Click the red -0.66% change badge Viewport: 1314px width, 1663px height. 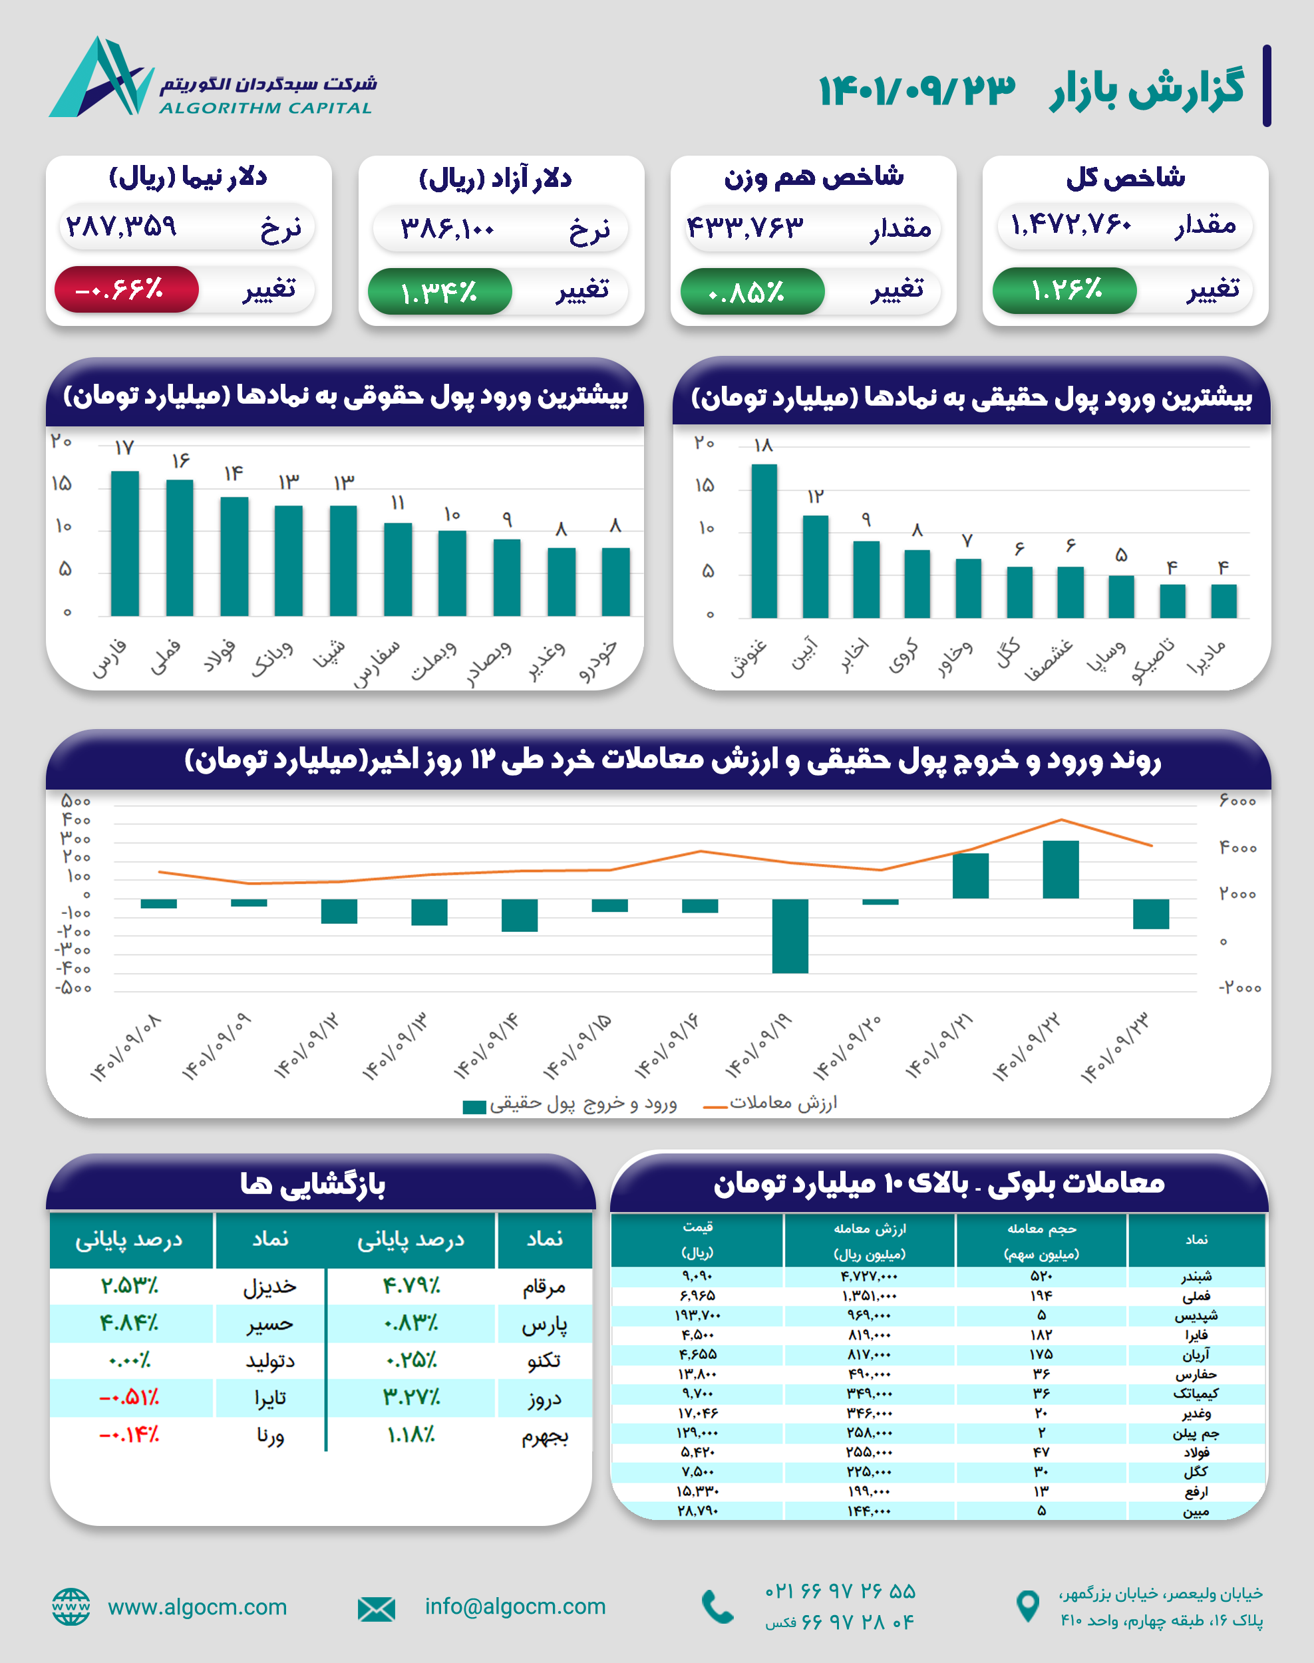126,290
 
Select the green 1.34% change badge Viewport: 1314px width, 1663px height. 439,291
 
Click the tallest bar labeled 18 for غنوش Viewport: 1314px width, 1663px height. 763,541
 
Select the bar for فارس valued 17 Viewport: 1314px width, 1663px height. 124,543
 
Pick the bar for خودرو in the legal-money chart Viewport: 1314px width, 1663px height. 615,581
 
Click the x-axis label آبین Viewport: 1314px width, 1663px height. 805,655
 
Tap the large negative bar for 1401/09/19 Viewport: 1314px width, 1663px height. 790,935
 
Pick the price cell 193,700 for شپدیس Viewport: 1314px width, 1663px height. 697,1315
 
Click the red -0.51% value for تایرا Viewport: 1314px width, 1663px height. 129,1398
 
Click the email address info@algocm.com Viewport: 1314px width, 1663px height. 515,1606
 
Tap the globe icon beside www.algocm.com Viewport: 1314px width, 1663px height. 71,1607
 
